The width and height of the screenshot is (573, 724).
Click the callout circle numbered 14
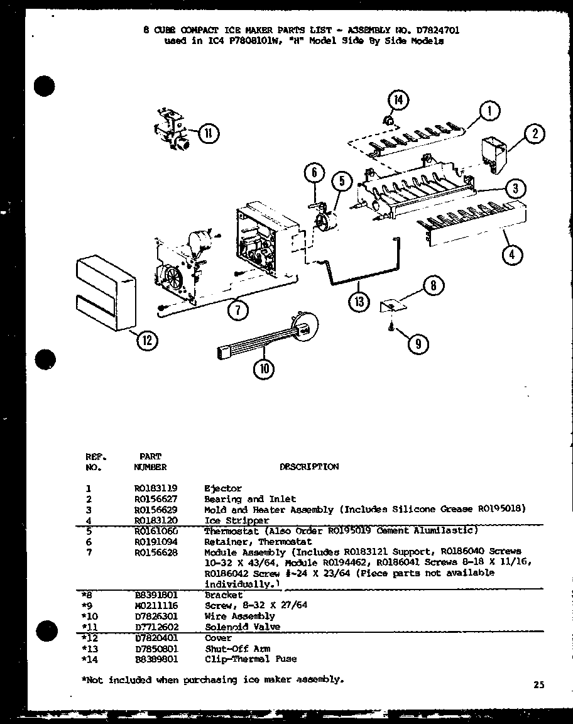pyautogui.click(x=398, y=101)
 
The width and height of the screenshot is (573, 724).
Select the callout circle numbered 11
pyautogui.click(x=208, y=133)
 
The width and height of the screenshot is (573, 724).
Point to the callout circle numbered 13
pyautogui.click(x=359, y=302)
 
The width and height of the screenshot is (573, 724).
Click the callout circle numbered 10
pyautogui.click(x=265, y=370)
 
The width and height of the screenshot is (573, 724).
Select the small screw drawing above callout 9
pyautogui.click(x=391, y=326)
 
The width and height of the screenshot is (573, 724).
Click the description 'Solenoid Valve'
pyautogui.click(x=242, y=627)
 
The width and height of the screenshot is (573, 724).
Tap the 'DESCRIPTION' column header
pyautogui.click(x=308, y=467)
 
